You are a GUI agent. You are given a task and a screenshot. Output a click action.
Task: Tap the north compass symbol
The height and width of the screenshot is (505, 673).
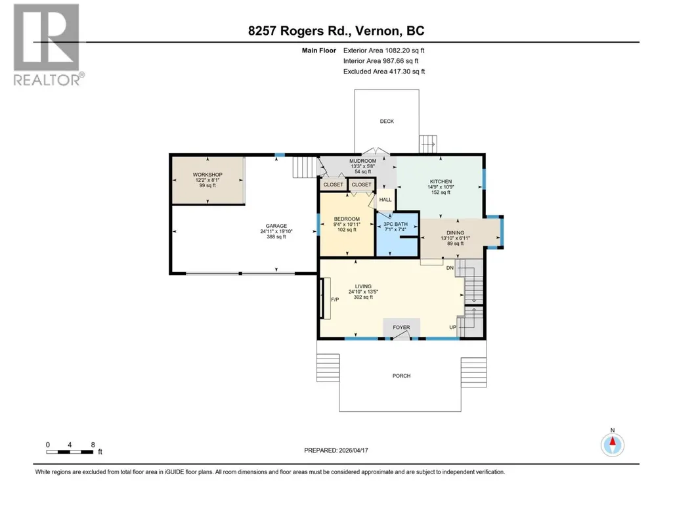click(613, 445)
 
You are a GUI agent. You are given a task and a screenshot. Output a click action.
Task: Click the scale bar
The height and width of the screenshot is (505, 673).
click(70, 452)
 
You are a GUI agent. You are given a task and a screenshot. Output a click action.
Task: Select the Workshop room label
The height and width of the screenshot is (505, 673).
click(207, 175)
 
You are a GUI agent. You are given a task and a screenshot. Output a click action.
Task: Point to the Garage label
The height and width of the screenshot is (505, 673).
click(276, 226)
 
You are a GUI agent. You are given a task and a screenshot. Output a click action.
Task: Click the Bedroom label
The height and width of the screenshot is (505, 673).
click(347, 219)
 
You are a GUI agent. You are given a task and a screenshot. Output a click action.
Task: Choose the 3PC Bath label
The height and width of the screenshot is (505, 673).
click(395, 224)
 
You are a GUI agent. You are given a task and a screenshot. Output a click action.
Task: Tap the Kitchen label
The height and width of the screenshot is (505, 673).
click(441, 182)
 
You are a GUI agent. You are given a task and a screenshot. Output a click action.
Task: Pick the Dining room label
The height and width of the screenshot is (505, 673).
click(456, 232)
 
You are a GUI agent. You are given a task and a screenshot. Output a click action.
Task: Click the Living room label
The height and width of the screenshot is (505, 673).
click(363, 286)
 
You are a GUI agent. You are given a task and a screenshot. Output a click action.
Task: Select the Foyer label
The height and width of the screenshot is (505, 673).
click(401, 327)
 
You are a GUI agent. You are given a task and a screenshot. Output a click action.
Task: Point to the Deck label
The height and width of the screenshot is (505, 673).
click(387, 121)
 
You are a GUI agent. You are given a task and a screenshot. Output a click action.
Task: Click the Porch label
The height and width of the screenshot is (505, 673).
click(401, 376)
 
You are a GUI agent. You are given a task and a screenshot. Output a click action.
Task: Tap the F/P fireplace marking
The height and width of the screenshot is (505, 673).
click(335, 299)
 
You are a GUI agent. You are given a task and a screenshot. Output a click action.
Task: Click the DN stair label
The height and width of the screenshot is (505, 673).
click(450, 268)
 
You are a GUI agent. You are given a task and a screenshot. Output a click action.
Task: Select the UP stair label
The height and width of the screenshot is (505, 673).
click(452, 327)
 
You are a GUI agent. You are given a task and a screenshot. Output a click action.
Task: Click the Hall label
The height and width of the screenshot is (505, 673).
click(385, 200)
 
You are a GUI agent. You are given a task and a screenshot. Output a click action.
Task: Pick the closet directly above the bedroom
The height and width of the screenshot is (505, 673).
click(361, 185)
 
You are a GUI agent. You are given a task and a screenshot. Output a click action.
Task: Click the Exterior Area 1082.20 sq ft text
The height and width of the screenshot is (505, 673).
click(383, 51)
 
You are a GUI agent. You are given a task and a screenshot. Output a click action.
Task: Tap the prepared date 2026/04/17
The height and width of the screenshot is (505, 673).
click(354, 450)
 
